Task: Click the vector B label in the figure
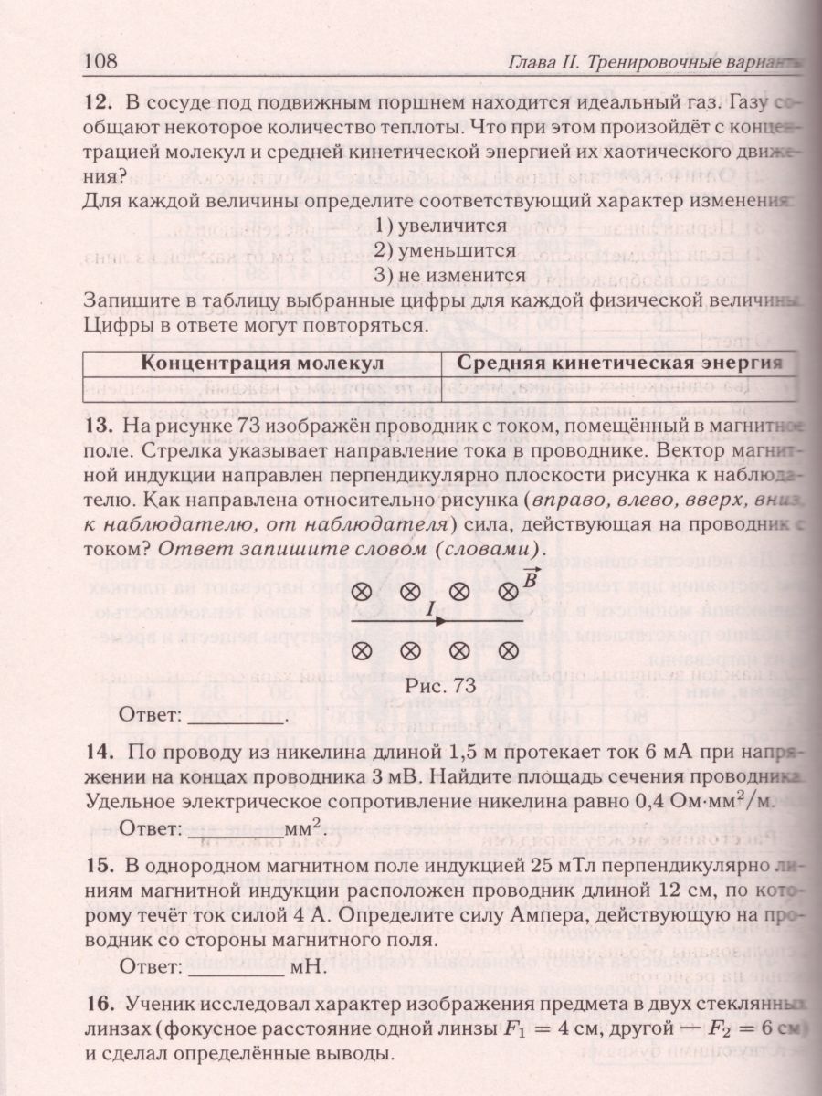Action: pos(530,577)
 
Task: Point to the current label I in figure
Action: pos(429,607)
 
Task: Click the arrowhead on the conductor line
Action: pos(441,621)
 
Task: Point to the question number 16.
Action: pos(100,1006)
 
